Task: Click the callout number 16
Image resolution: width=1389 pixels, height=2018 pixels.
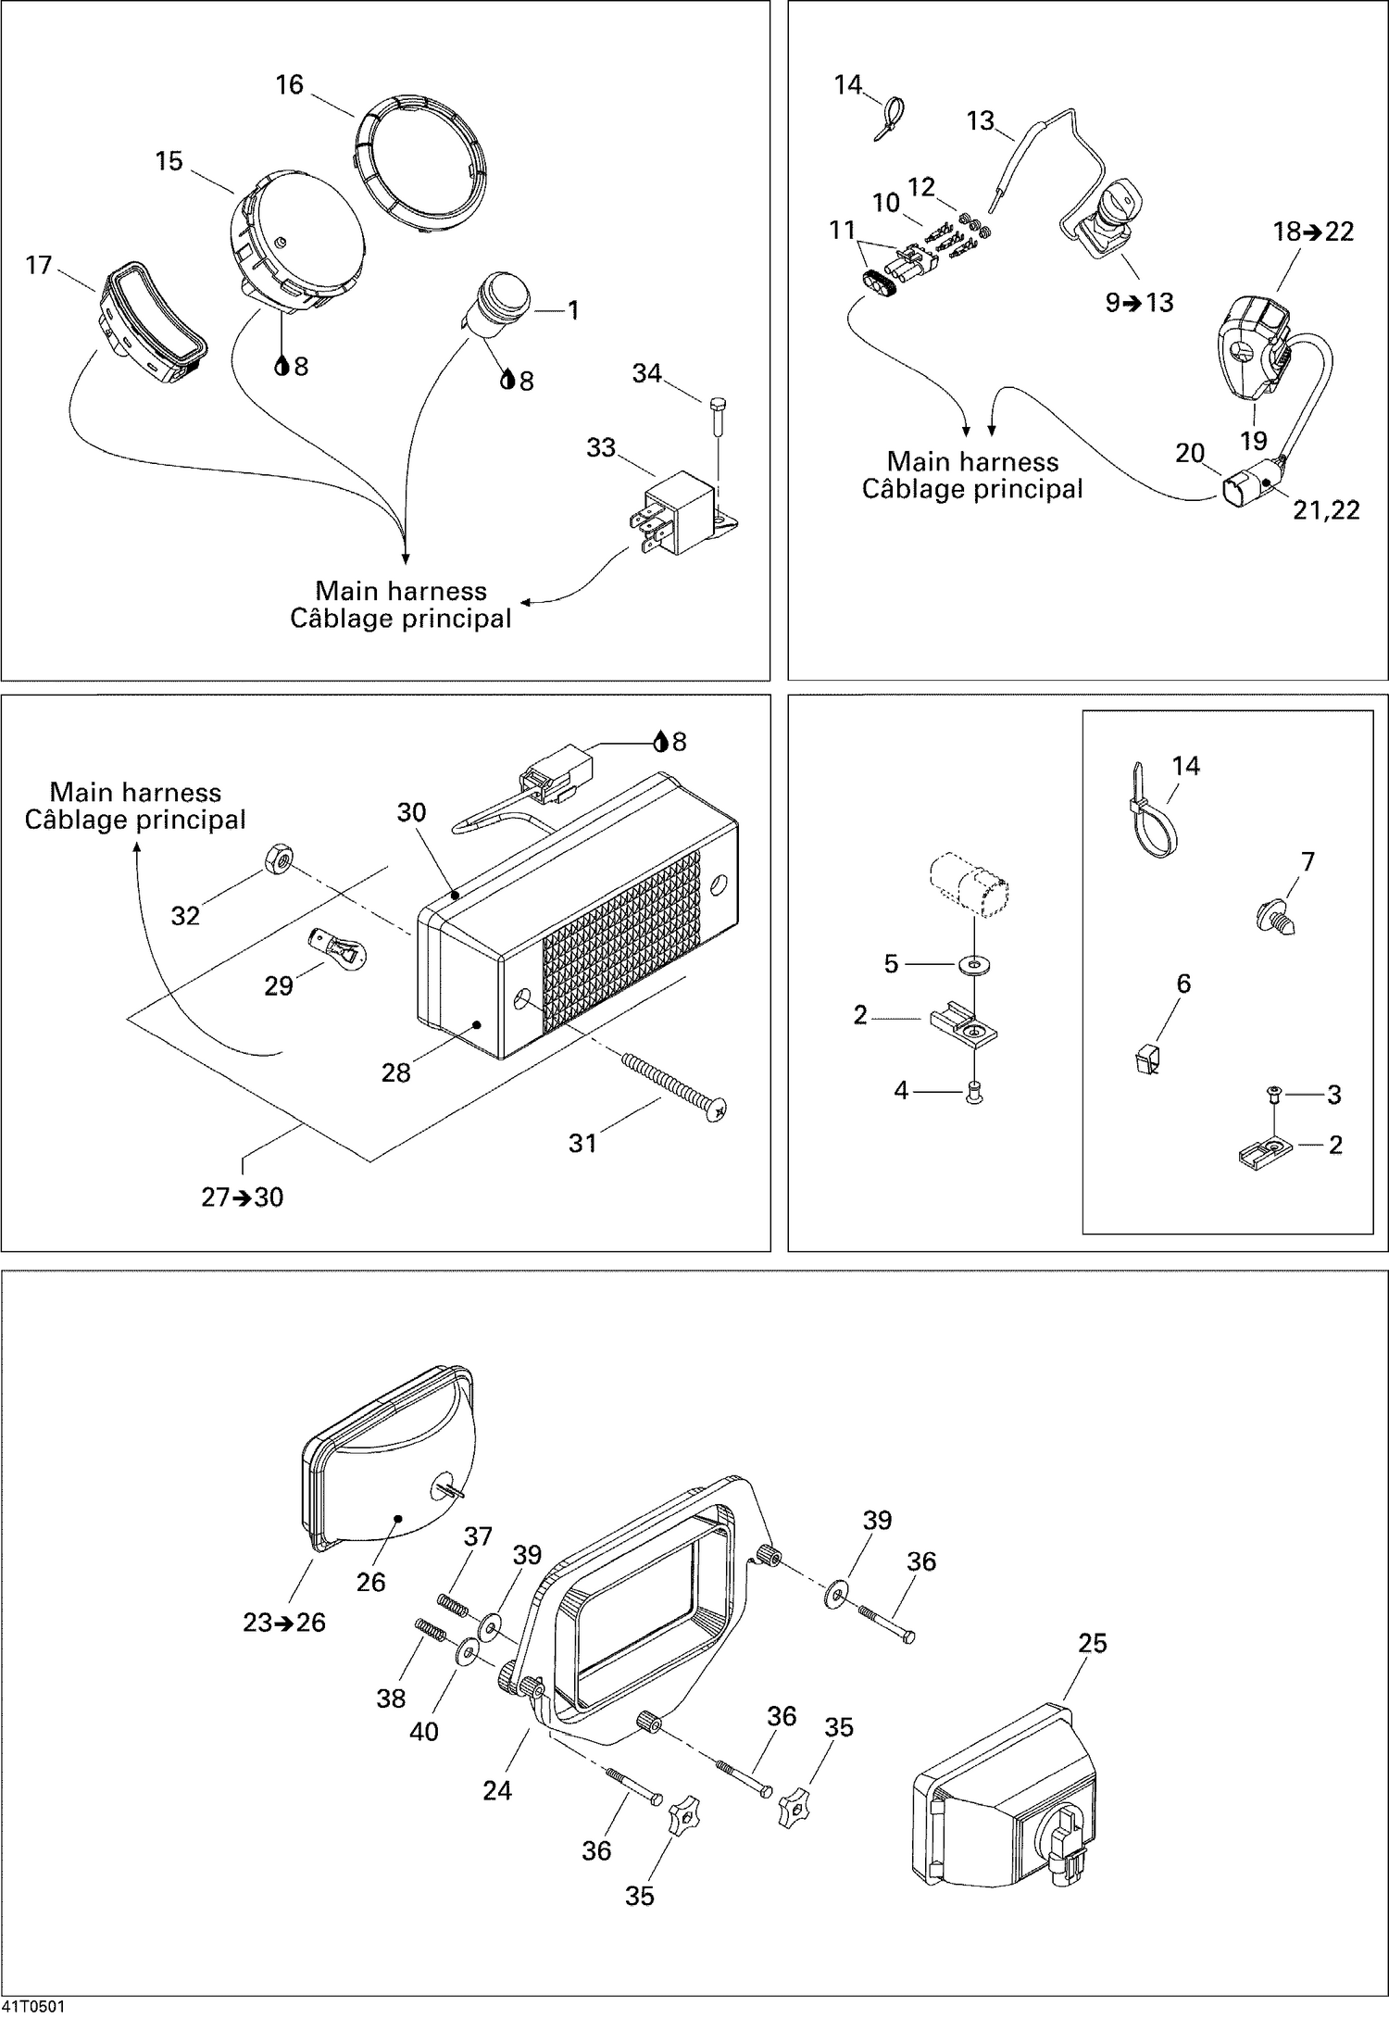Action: [x=289, y=85]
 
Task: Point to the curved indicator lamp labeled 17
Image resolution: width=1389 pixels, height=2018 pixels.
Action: [x=153, y=320]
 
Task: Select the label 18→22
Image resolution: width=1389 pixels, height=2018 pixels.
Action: [x=1313, y=232]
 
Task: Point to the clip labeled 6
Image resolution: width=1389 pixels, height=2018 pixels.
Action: [x=1145, y=1059]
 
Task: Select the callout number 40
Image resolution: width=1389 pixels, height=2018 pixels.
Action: [x=423, y=1731]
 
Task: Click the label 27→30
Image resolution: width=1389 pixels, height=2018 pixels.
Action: [x=243, y=1197]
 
